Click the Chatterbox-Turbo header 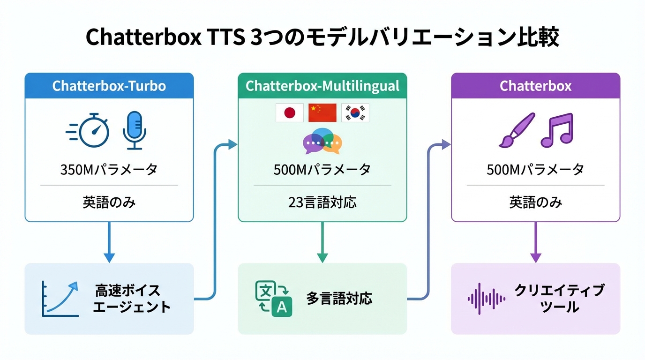pos(109,86)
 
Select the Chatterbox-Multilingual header pos(322,86)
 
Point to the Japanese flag pos(290,113)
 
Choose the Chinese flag pos(322,113)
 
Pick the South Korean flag pos(355,113)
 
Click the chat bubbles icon pos(322,141)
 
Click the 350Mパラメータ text pos(109,170)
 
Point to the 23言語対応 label pos(322,202)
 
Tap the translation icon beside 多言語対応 pos(273,299)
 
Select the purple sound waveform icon pos(487,299)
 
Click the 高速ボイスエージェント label pos(131,299)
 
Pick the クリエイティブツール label pos(559,299)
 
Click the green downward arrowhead pos(322,257)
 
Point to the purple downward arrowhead pos(536,257)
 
